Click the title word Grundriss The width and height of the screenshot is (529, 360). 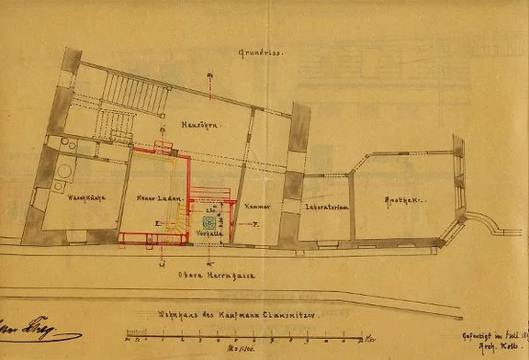(261, 53)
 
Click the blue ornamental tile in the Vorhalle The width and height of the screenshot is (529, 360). (208, 222)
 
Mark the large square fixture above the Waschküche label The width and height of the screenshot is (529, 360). (63, 172)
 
